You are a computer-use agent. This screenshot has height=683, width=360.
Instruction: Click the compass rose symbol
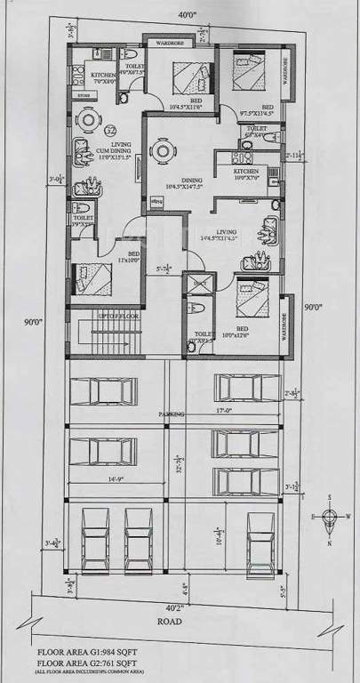[331, 519]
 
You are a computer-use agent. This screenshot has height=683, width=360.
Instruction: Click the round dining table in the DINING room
[161, 152]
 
